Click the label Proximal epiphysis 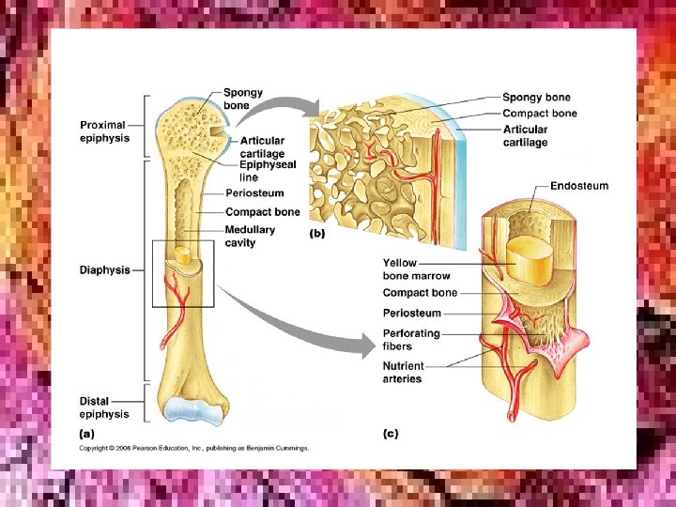coord(104,131)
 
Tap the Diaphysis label coord(104,270)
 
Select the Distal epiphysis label coord(100,407)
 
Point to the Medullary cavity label coord(250,236)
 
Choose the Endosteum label coord(578,186)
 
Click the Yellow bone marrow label coord(416,269)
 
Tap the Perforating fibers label coord(411,340)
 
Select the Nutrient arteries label coord(404,373)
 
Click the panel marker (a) coord(85,434)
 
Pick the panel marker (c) coord(391,434)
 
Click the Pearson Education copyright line coord(193,449)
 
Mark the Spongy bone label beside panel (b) coord(536,98)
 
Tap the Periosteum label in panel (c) coord(411,314)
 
